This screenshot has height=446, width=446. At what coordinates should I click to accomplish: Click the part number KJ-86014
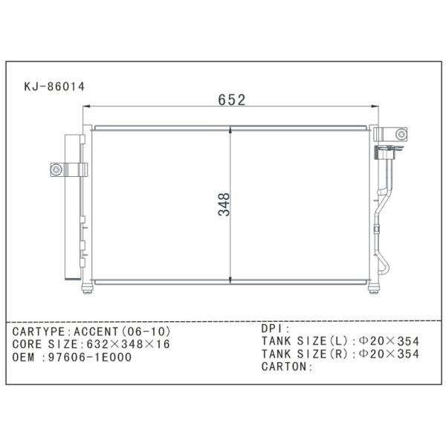pos(54,86)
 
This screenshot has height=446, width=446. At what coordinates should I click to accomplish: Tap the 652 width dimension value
pos(231,100)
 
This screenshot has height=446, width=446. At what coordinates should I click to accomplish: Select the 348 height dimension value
pos(224,204)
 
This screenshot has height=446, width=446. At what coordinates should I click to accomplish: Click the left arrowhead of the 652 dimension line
pos(86,106)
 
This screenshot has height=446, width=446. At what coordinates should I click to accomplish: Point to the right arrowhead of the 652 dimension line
pos(375,106)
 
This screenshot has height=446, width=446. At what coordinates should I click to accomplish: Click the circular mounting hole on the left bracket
pos(56,169)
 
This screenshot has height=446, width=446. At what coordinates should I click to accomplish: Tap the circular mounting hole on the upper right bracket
pos(401,135)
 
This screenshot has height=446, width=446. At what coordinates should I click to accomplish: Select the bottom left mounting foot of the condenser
pos(87,288)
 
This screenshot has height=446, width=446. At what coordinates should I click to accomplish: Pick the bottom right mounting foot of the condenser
pos(373,288)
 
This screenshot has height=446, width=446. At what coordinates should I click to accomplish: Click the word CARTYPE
pos(39,332)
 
